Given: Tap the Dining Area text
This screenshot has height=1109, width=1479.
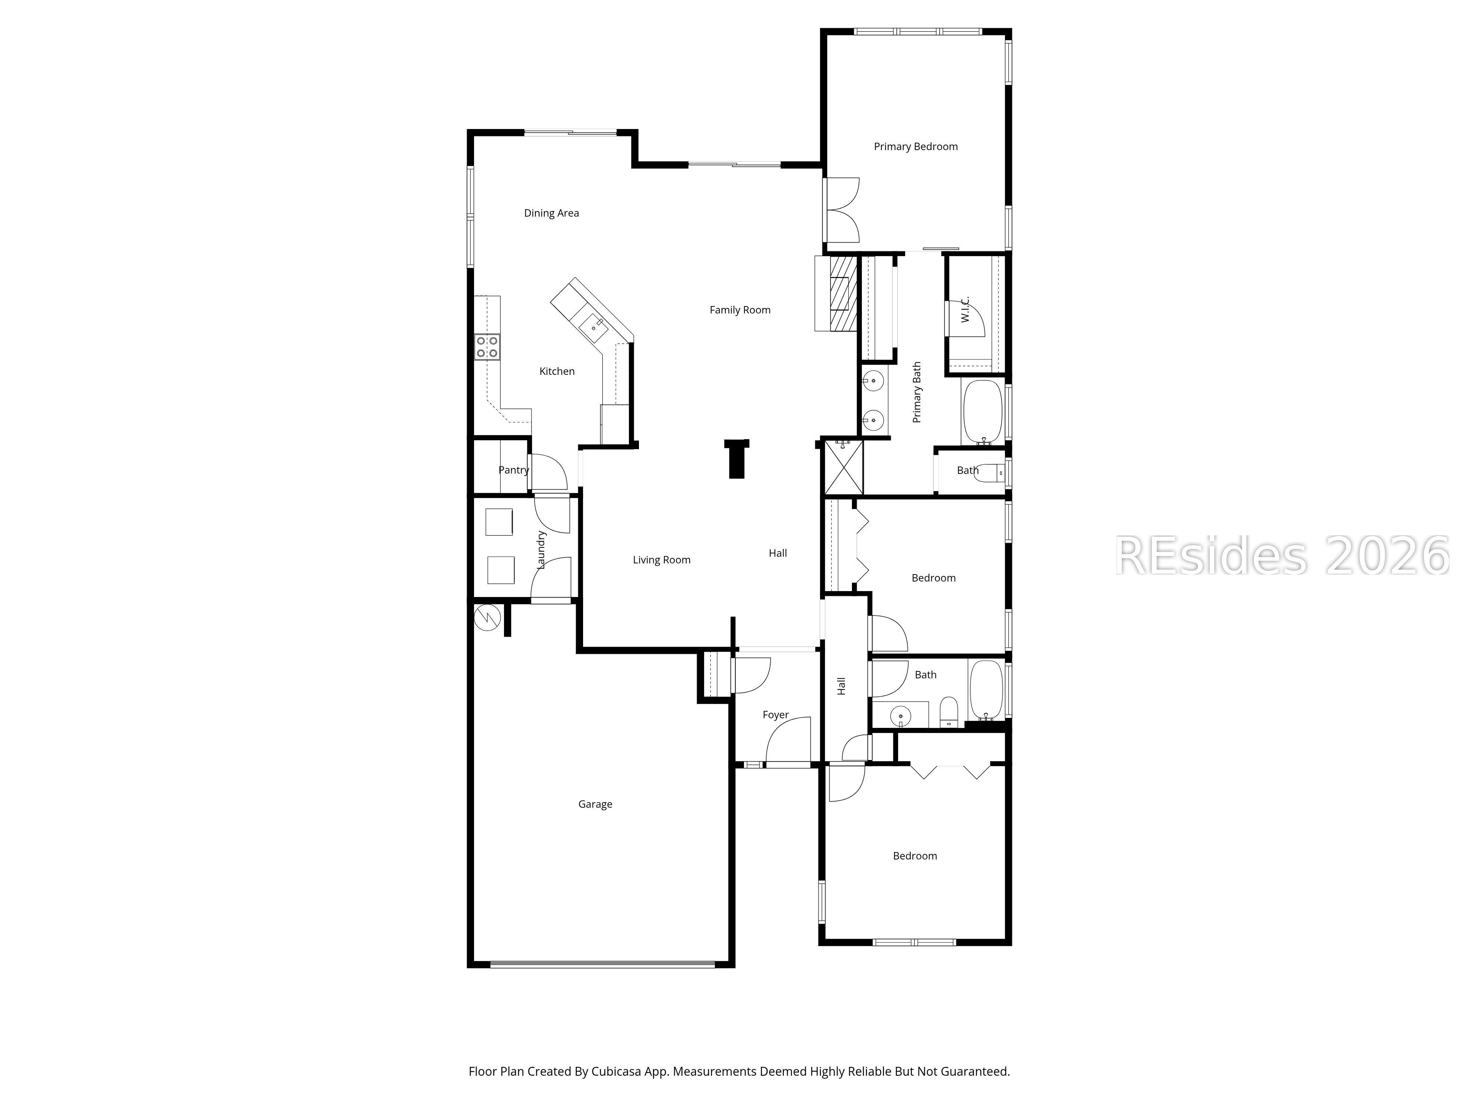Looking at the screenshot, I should (551, 213).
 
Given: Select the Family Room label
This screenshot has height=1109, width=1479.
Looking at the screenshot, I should (739, 310).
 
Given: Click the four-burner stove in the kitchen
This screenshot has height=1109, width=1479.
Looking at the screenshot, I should (487, 347).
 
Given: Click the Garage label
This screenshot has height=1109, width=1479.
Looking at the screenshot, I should (595, 804).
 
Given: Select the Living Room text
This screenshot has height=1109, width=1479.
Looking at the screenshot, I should (661, 560).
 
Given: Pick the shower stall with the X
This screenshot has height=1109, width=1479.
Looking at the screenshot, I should (843, 467).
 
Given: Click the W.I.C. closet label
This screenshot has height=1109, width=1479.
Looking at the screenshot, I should (965, 309).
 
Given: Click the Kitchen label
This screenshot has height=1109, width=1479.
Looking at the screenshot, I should (557, 372).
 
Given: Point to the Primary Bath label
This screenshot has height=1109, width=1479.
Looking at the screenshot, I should (917, 392).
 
